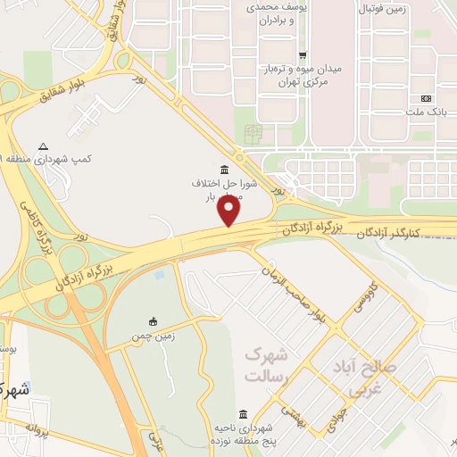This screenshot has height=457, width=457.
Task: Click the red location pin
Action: (230, 212)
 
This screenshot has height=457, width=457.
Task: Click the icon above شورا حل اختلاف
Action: (222, 169)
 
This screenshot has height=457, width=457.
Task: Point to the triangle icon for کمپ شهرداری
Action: (44, 146)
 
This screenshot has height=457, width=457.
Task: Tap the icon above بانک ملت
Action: (427, 97)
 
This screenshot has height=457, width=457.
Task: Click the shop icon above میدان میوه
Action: (303, 54)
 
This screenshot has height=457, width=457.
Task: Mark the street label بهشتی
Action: (293, 411)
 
